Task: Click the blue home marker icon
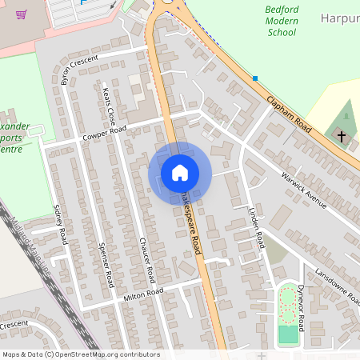pos(180,173)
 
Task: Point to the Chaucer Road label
pos(146,261)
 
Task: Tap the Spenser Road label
pos(106,265)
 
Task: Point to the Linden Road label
pos(256,227)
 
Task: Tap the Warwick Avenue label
pos(304,190)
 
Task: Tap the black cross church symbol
pos(342,137)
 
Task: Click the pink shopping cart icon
pos(21,14)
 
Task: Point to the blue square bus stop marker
pos(254,78)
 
